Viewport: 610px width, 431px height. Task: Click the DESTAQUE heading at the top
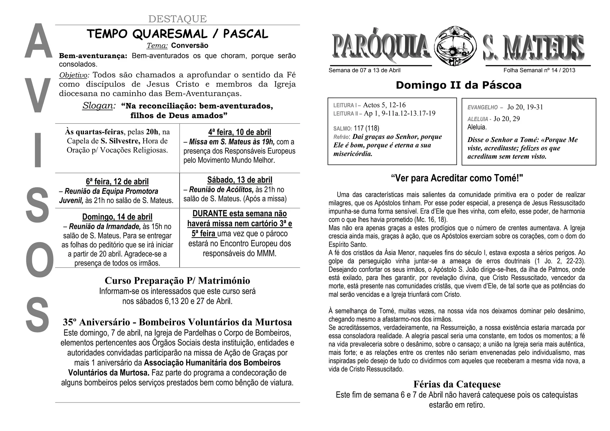(177, 19)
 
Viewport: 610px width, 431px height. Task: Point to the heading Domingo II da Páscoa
(458, 85)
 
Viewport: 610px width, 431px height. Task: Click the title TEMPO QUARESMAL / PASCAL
(177, 34)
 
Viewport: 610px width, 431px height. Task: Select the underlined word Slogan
(98, 106)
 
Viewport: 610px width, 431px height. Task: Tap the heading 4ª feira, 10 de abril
(239, 132)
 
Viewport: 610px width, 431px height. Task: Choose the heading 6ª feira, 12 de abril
(117, 182)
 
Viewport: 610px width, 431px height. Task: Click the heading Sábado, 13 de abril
(239, 180)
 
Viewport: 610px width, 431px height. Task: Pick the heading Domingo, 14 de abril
(117, 217)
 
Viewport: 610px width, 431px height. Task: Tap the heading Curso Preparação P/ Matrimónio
(177, 281)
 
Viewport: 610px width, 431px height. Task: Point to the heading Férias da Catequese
(457, 384)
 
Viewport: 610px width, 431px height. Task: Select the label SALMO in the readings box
(342, 129)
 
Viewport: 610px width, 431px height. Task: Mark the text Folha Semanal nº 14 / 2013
(539, 71)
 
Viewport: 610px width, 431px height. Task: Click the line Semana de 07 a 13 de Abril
(364, 71)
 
